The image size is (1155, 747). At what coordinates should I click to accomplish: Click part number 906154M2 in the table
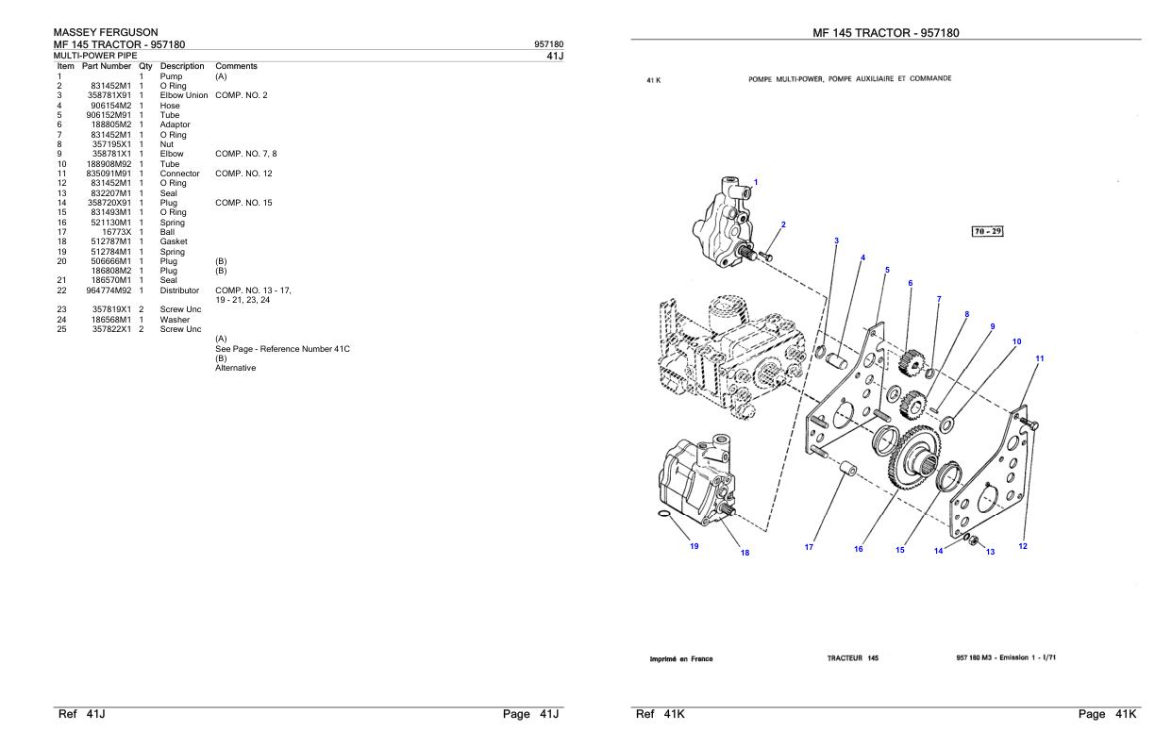[x=111, y=106]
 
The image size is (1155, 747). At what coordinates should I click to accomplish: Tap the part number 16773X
[x=118, y=232]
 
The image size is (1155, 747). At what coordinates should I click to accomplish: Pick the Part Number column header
[x=108, y=66]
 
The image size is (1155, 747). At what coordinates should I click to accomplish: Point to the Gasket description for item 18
[x=175, y=242]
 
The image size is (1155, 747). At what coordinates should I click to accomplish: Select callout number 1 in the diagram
[x=755, y=181]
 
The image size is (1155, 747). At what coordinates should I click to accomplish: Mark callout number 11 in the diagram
[x=1039, y=358]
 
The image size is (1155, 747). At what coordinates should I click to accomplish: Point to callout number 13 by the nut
[x=990, y=552]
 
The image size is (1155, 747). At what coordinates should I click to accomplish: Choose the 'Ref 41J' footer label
[x=82, y=714]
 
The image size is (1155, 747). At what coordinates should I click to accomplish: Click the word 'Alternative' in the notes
[x=235, y=368]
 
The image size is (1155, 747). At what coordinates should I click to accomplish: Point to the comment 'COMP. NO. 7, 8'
[x=245, y=154]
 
